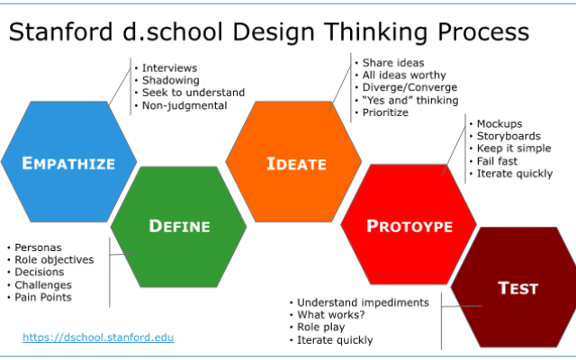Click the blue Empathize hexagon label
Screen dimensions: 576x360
click(68, 164)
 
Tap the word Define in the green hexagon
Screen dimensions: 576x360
click(180, 226)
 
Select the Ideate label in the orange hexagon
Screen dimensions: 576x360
click(296, 164)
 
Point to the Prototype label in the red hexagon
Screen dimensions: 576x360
click(409, 226)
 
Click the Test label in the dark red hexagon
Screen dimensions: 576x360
click(518, 288)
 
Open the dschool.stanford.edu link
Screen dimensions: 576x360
click(98, 337)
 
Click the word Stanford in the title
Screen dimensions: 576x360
click(60, 31)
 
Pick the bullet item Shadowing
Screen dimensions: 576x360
click(171, 80)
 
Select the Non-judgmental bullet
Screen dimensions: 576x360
click(184, 105)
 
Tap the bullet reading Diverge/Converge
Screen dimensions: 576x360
click(410, 87)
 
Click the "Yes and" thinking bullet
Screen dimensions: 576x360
click(410, 100)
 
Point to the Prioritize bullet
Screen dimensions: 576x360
click(385, 112)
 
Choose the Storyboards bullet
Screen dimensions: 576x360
click(508, 136)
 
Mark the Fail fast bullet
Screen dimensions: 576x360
click(497, 161)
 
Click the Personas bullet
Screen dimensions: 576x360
click(38, 247)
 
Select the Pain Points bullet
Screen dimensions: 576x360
click(43, 297)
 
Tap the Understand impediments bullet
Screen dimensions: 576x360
click(363, 302)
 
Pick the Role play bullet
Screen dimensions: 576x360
click(321, 327)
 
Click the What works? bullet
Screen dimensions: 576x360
click(331, 315)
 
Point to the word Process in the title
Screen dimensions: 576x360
click(483, 31)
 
